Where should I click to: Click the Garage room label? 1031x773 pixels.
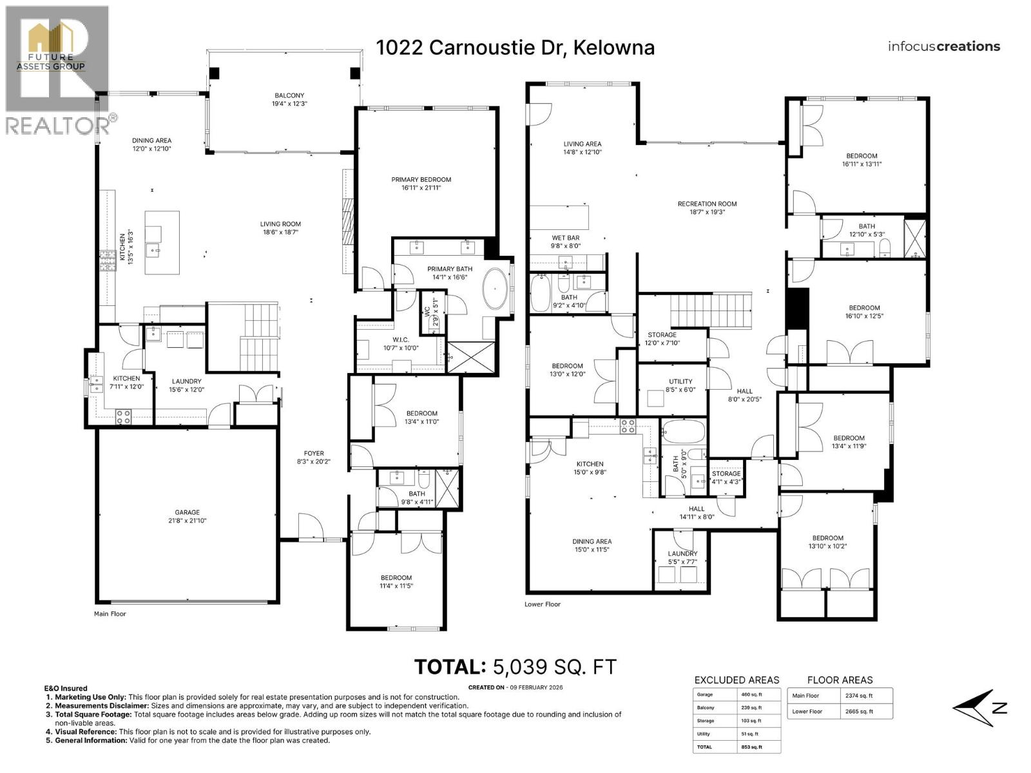pyautogui.click(x=188, y=517)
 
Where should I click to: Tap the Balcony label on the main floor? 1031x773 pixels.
pyautogui.click(x=289, y=99)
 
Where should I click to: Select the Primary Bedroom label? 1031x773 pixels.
pyautogui.click(x=421, y=184)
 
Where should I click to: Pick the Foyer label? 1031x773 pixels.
pyautogui.click(x=314, y=457)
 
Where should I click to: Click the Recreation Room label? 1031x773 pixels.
pyautogui.click(x=707, y=207)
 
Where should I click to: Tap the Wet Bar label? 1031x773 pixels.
pyautogui.click(x=566, y=242)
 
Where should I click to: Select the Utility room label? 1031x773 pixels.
pyautogui.click(x=680, y=385)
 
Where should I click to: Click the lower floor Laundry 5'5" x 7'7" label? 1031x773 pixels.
pyautogui.click(x=682, y=557)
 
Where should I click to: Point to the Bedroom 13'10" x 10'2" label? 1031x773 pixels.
pyautogui.click(x=827, y=542)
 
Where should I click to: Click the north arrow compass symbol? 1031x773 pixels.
pyautogui.click(x=979, y=708)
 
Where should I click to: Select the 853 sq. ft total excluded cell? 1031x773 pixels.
pyautogui.click(x=751, y=747)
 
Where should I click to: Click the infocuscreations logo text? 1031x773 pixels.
pyautogui.click(x=943, y=46)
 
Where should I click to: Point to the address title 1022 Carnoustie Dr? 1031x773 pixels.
pyautogui.click(x=515, y=47)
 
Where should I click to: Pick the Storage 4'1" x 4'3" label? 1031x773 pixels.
pyautogui.click(x=726, y=477)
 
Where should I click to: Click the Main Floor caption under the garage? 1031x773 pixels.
pyautogui.click(x=110, y=614)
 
